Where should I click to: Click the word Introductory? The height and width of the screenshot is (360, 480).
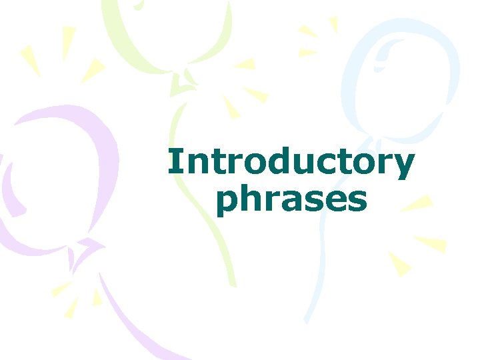point(291,164)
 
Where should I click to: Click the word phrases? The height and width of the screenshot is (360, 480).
point(291,200)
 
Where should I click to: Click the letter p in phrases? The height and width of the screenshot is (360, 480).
point(229,203)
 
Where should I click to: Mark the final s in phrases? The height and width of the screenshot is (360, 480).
point(356,201)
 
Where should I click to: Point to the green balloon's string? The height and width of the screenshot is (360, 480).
point(200,200)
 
